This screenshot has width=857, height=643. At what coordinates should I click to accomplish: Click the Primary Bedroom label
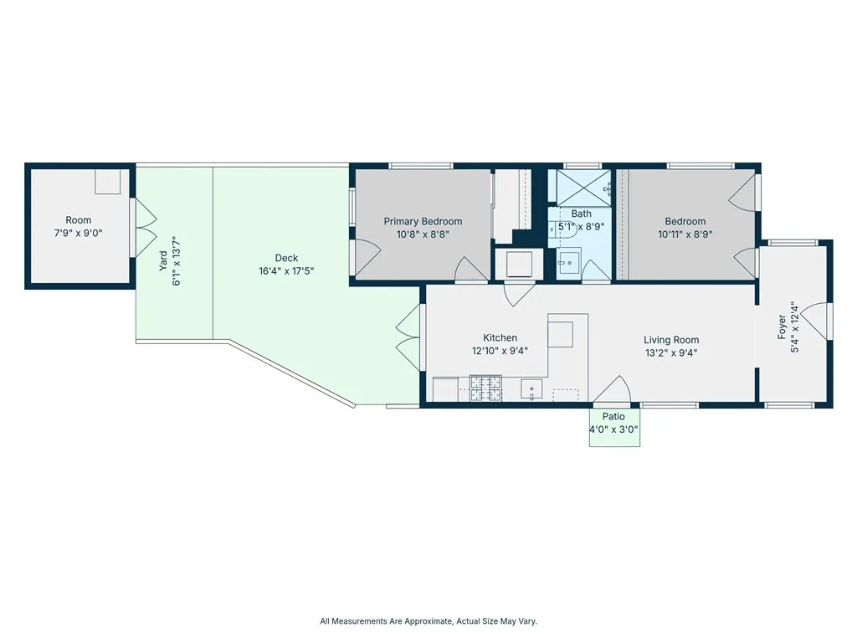[x=423, y=221]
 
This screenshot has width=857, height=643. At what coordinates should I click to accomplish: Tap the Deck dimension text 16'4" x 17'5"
[x=286, y=270]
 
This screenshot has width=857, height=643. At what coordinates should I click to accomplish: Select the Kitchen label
[x=500, y=338]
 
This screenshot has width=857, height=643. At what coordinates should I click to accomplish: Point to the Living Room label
[x=671, y=340]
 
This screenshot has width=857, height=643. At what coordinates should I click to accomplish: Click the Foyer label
[x=783, y=327]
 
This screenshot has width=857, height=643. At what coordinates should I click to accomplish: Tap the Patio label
[x=613, y=417]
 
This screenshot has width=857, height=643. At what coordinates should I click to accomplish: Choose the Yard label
[x=163, y=261]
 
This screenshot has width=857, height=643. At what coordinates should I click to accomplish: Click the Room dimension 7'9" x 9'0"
[x=78, y=234]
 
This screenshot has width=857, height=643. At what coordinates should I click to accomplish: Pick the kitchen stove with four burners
[x=486, y=388]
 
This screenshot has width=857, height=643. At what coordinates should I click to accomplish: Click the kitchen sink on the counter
[x=531, y=390]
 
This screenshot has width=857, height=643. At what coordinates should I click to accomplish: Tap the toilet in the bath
[x=563, y=229]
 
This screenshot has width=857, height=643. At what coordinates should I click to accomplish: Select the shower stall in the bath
[x=583, y=188]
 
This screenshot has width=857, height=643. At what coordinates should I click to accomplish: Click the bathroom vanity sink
[x=569, y=262]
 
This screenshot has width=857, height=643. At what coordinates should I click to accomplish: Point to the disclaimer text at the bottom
[x=428, y=621]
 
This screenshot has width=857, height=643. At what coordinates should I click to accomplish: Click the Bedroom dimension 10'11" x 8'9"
[x=685, y=234]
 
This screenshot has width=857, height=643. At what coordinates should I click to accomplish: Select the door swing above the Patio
[x=612, y=390]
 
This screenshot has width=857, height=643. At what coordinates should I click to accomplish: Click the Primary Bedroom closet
[x=511, y=206]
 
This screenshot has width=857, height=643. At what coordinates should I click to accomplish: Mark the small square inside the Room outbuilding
[x=107, y=182]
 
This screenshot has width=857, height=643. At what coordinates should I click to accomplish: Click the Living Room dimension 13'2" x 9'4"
[x=671, y=353]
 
